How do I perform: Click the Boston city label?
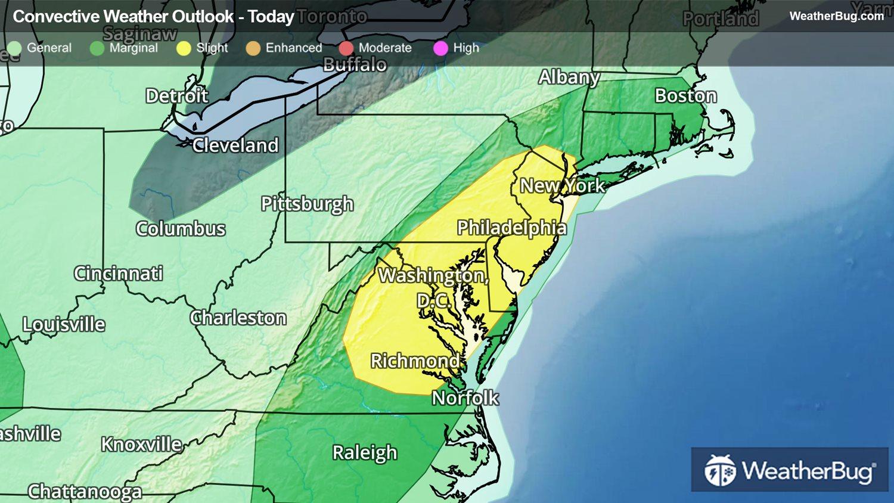point(685,96)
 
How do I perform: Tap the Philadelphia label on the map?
point(511,228)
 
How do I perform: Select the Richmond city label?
point(415,361)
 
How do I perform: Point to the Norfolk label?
point(465,398)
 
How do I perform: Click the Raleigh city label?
point(364,452)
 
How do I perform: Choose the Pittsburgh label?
point(307,204)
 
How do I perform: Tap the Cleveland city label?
point(235,145)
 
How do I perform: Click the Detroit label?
point(176,95)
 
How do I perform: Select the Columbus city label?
point(180,228)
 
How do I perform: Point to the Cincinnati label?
point(118,273)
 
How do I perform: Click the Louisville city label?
point(64,324)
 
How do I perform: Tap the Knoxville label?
point(141,444)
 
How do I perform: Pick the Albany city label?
point(569,77)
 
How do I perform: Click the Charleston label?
point(238,318)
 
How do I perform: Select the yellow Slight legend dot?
point(184,48)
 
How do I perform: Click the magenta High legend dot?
point(440,48)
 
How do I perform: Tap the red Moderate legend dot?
point(346,48)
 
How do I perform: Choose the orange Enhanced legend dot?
point(253,48)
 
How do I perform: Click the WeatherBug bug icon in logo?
point(720,471)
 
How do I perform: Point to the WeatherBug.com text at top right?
point(836,16)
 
